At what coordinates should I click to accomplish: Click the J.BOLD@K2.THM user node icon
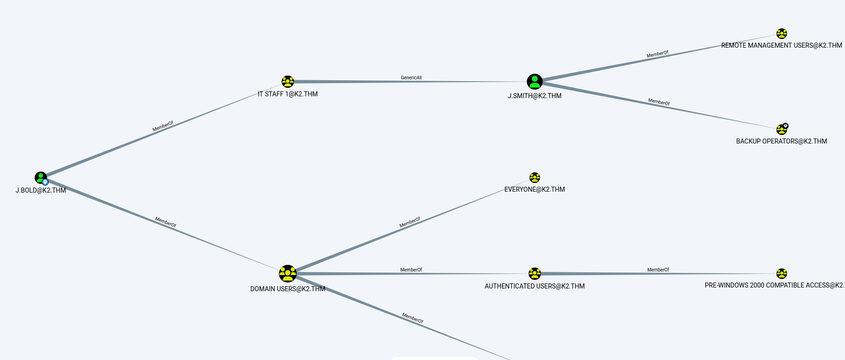point(40,177)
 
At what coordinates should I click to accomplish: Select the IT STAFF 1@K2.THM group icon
point(287,82)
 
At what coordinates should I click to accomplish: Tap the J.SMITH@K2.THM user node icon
point(535,82)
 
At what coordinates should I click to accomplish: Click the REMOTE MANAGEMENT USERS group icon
point(781,33)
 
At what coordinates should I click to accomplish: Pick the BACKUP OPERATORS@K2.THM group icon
point(781,130)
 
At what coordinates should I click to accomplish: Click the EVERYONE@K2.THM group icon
point(535,177)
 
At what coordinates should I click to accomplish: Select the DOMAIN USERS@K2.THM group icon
point(287,274)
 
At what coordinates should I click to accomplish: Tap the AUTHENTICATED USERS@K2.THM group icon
point(535,274)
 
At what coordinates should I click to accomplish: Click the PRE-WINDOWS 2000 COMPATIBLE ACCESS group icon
point(781,274)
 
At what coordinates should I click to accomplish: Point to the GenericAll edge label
point(411,78)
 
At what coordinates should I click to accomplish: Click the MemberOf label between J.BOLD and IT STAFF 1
point(163,126)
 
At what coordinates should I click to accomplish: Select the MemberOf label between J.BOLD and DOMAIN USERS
point(166,222)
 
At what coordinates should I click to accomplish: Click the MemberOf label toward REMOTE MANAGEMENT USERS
point(657,54)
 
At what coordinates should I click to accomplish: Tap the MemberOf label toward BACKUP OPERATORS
point(659,102)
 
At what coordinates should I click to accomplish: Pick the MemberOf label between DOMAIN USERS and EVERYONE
point(410,222)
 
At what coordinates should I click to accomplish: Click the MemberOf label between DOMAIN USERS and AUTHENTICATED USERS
point(411,270)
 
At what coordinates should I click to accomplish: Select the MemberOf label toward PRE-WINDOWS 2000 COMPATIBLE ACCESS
point(658,270)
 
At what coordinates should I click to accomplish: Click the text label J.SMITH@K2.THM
point(535,96)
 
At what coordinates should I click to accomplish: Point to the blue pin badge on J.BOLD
point(45,182)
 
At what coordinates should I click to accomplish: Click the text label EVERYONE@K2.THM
point(535,189)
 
